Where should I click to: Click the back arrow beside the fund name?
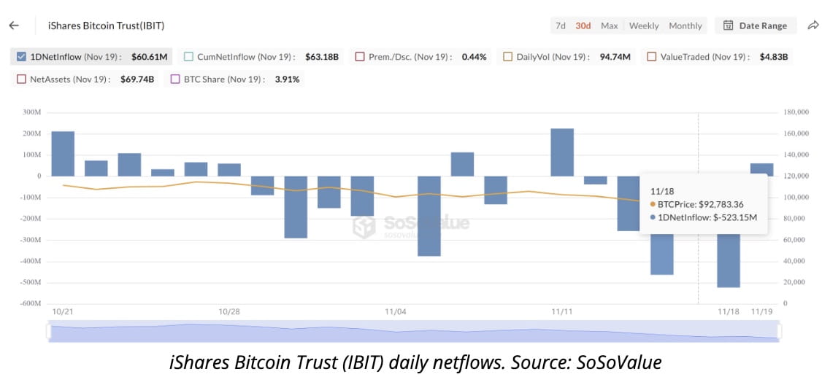(x=13, y=26)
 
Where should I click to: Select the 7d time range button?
(x=560, y=26)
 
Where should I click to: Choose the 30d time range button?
(x=583, y=26)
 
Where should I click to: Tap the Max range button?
(x=609, y=26)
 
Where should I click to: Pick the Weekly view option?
(x=643, y=26)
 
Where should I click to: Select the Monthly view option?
(x=685, y=26)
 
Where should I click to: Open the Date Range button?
(x=756, y=26)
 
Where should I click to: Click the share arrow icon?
(x=813, y=26)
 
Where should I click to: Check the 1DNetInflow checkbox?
(x=20, y=56)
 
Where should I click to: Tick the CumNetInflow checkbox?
(x=188, y=56)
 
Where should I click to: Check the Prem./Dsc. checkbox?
(x=359, y=56)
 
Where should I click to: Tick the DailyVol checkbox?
(x=507, y=56)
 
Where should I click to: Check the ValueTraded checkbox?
(x=651, y=56)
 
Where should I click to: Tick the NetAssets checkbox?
(x=20, y=79)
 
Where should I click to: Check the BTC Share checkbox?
(x=175, y=79)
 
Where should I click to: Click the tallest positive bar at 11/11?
(x=561, y=152)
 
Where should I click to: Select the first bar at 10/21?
(x=63, y=153)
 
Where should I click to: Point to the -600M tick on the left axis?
(x=31, y=303)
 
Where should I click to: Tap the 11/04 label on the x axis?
(x=395, y=312)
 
